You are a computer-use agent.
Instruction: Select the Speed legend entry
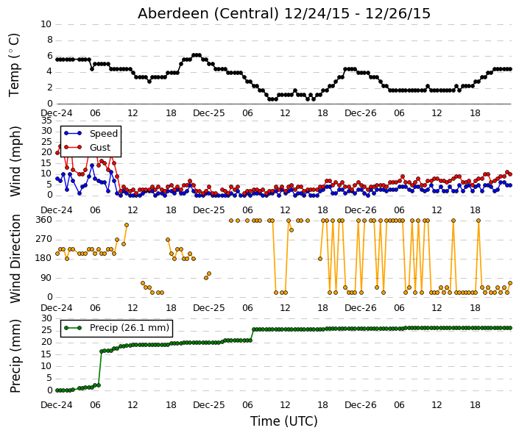click(91, 133)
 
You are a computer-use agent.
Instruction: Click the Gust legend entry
click(87, 147)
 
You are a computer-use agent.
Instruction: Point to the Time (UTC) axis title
click(283, 421)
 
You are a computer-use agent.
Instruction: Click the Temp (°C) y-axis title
click(14, 65)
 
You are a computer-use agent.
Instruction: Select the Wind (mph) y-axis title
click(15, 161)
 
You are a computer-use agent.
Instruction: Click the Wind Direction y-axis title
click(15, 259)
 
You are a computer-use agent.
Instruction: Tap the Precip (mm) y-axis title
click(15, 356)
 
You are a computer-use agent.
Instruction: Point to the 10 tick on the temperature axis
click(46, 24)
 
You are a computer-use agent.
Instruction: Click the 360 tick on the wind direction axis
click(44, 220)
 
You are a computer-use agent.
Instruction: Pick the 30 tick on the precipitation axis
click(46, 318)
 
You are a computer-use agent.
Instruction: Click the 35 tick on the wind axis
click(46, 121)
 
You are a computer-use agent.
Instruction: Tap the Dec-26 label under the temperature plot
click(361, 113)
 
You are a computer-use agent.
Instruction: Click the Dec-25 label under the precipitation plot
click(209, 405)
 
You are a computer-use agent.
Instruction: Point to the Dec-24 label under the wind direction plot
click(57, 308)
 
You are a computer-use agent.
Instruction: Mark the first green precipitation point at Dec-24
click(57, 390)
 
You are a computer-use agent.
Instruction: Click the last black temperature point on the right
click(510, 69)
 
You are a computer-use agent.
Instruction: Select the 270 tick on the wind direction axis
click(44, 239)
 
